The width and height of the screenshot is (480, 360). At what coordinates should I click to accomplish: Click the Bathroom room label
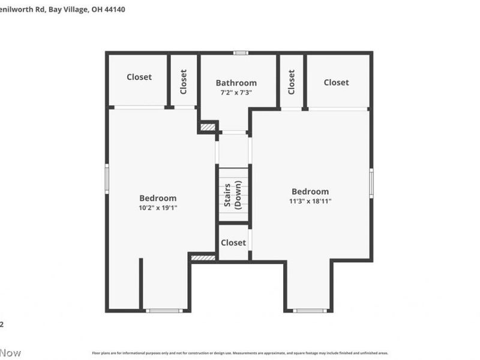point(236,83)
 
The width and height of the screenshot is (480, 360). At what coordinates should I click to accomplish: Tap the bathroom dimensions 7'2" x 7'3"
point(236,92)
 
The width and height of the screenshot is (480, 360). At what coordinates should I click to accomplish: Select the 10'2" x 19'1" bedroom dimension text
point(158,208)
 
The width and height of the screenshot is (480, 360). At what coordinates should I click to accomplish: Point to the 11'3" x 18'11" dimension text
point(310,201)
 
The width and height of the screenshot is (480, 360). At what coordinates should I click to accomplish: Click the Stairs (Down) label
point(233,195)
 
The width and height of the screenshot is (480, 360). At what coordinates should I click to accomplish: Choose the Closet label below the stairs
point(233,242)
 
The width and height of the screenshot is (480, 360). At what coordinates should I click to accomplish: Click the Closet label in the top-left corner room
point(139,77)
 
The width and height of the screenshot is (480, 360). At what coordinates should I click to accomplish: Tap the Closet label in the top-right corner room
point(336,82)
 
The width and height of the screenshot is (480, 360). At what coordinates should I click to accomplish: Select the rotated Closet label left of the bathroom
point(184,82)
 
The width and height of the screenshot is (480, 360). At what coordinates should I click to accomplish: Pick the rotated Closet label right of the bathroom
point(292,82)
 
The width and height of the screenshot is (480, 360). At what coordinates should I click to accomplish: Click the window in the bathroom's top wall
point(241,53)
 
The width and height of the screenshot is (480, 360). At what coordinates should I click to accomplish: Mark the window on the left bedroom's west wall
point(107,178)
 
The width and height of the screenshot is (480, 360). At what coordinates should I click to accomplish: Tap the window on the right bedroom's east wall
point(371,183)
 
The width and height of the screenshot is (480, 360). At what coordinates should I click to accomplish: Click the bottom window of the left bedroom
point(164,310)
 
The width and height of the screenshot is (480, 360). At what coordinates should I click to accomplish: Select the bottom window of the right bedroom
point(310,310)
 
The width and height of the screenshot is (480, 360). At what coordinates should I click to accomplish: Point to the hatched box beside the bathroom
point(208,127)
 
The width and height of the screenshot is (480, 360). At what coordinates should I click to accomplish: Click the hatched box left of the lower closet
point(203,257)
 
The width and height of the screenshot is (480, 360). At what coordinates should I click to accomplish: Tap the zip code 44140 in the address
point(115,10)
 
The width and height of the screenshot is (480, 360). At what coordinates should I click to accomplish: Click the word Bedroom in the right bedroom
point(310,191)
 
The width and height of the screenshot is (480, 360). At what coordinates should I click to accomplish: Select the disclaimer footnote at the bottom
point(240,353)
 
